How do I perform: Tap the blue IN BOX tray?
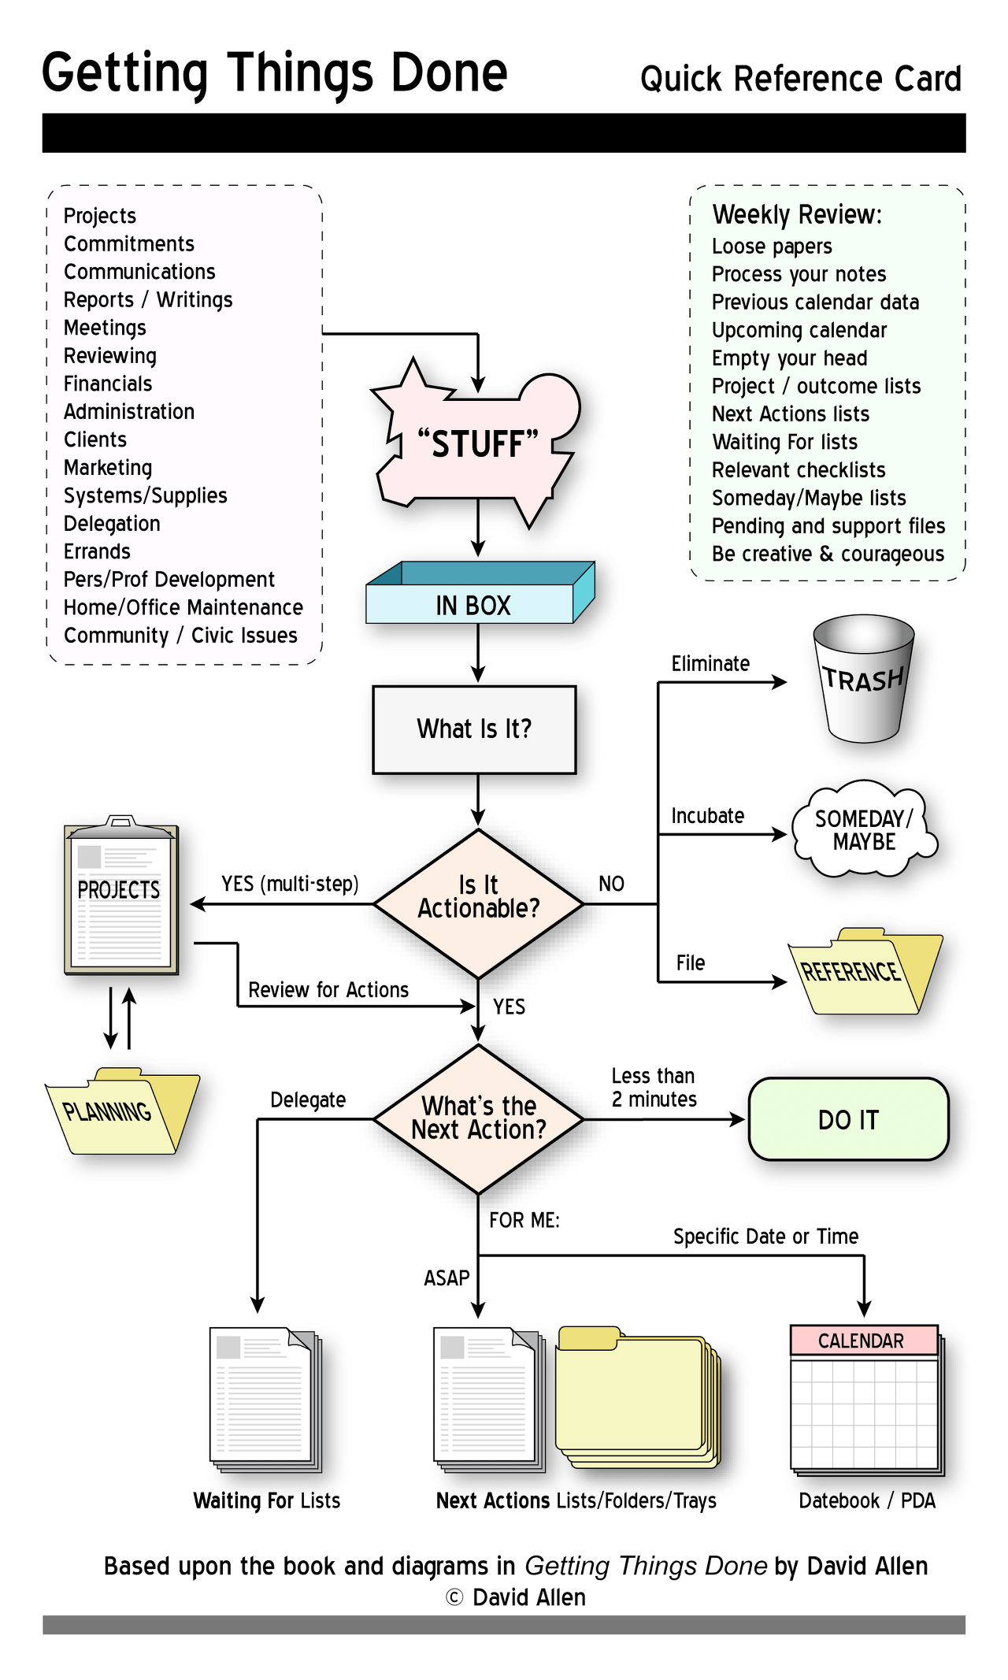pyautogui.click(x=480, y=593)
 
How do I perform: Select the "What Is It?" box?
pyautogui.click(x=474, y=729)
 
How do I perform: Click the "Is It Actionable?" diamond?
pyautogui.click(x=478, y=903)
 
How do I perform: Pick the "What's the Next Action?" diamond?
pyautogui.click(x=478, y=1118)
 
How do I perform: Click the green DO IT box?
pyautogui.click(x=848, y=1119)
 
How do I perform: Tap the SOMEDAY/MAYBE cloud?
pyautogui.click(x=864, y=829)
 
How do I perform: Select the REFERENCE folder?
pyautogui.click(x=865, y=971)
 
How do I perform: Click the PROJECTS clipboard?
pyautogui.click(x=121, y=896)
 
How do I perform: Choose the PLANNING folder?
pyautogui.click(x=122, y=1111)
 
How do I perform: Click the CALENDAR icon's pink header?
pyautogui.click(x=864, y=1340)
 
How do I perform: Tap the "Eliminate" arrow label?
pyautogui.click(x=710, y=664)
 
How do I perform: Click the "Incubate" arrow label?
pyautogui.click(x=707, y=816)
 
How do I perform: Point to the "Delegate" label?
pyautogui.click(x=308, y=1100)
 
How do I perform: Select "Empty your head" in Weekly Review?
pyautogui.click(x=789, y=358)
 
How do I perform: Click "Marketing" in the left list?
pyautogui.click(x=108, y=468)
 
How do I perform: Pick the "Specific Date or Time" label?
pyautogui.click(x=765, y=1237)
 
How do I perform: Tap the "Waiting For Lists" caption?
pyautogui.click(x=267, y=1500)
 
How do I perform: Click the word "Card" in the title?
pyautogui.click(x=927, y=79)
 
